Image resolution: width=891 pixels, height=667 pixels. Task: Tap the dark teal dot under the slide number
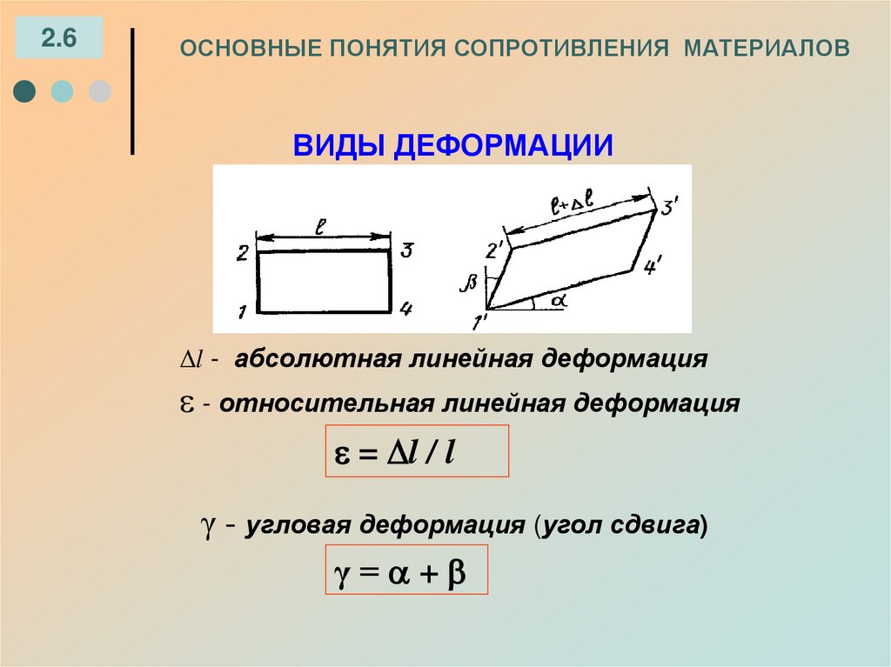pyautogui.click(x=25, y=91)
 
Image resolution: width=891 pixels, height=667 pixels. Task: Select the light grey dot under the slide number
pyautogui.click(x=100, y=91)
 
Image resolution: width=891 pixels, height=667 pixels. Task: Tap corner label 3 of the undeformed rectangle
pyautogui.click(x=405, y=251)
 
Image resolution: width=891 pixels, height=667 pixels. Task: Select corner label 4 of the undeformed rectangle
pyautogui.click(x=406, y=308)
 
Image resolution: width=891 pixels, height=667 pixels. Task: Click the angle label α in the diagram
pyautogui.click(x=558, y=299)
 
